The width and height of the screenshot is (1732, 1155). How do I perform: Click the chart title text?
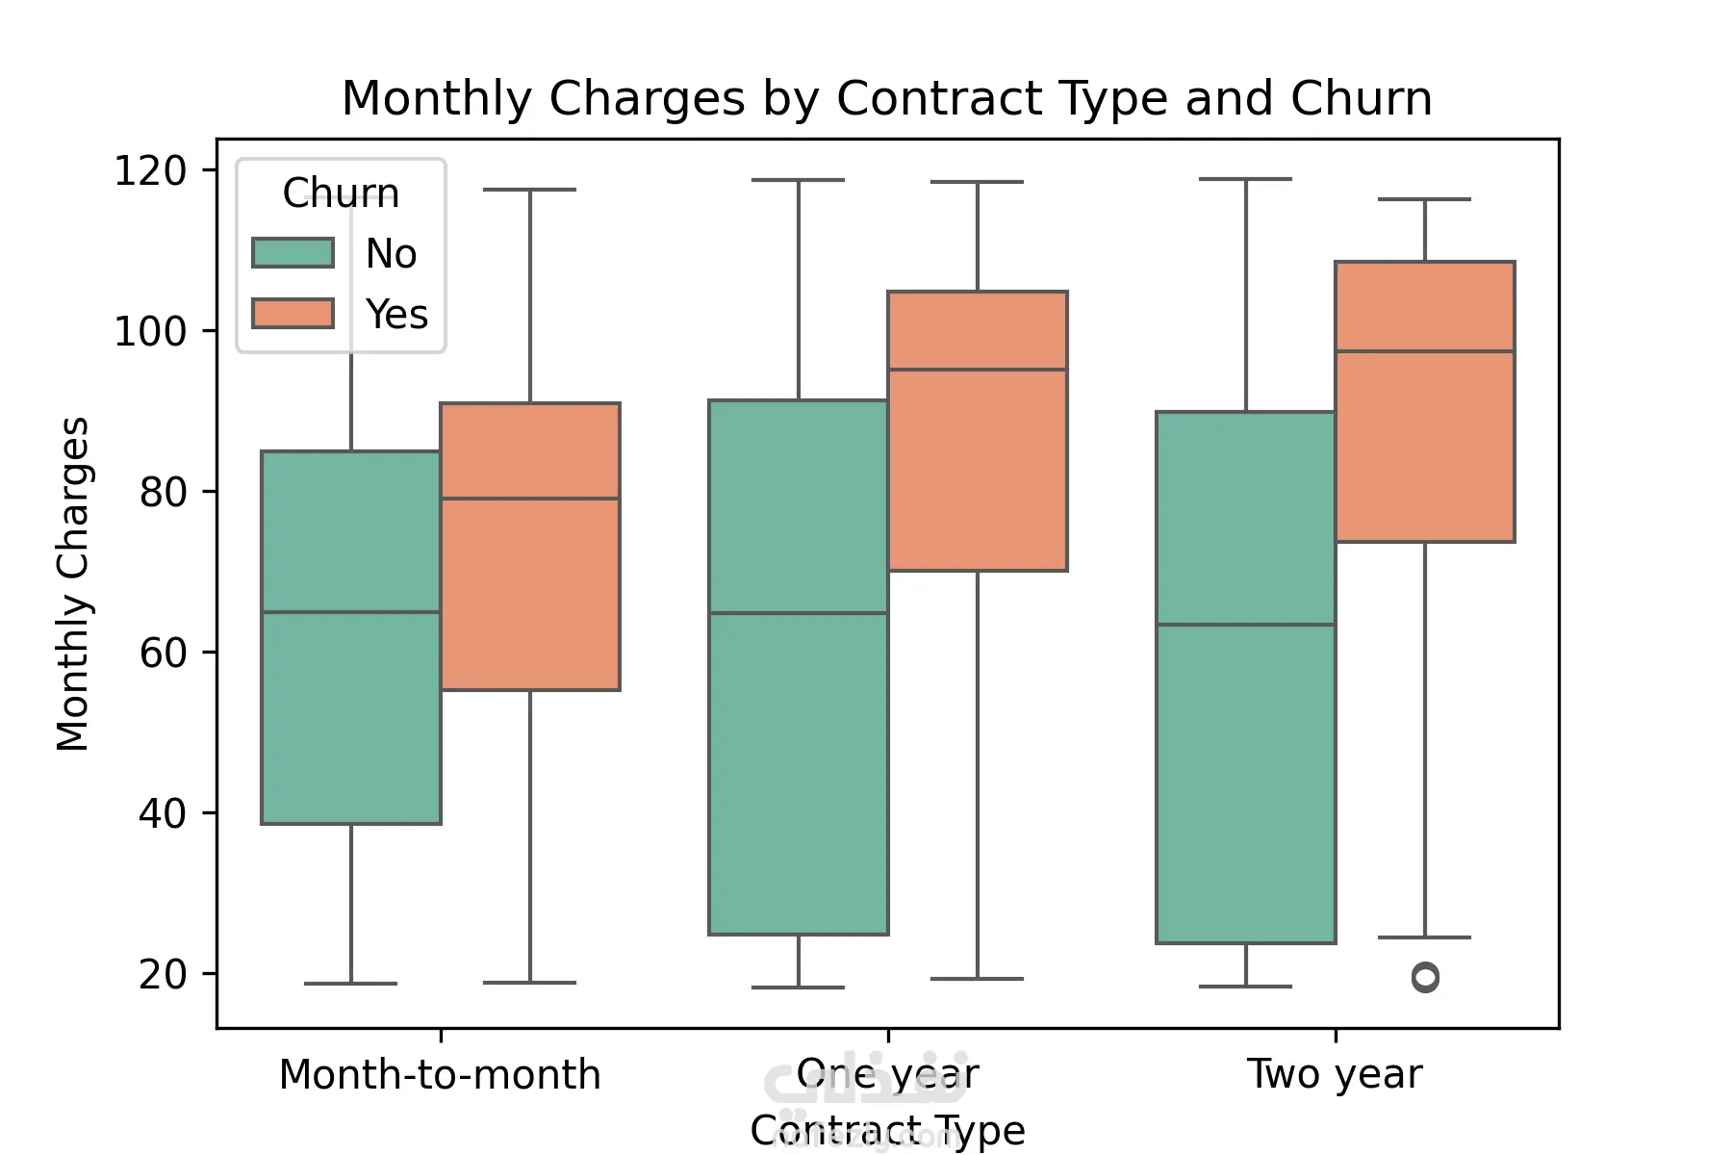point(886,98)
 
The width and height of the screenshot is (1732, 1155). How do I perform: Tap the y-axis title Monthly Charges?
point(73,583)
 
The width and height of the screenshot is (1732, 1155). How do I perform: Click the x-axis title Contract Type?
point(887,1129)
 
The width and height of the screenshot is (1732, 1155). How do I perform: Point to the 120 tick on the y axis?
point(150,171)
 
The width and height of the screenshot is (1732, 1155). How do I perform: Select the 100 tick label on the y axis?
point(150,332)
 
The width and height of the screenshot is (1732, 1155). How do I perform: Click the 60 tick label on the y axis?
point(163,654)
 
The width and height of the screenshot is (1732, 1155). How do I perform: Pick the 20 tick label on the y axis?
point(163,975)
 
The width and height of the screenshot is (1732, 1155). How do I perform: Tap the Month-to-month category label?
point(440,1074)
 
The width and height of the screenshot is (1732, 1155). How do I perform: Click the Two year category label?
point(1335,1074)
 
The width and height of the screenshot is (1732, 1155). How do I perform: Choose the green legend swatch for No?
point(293,253)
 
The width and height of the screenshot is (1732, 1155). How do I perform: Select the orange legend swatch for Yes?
point(293,314)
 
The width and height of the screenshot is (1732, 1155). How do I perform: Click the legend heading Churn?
point(341,193)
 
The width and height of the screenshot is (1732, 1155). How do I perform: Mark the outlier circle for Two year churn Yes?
point(1425,978)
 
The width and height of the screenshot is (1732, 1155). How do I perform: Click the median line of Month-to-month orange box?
point(530,499)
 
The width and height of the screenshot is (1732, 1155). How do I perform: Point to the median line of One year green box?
point(799,613)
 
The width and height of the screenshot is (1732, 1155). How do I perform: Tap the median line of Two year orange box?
point(1425,351)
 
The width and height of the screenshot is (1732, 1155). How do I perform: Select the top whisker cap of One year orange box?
point(978,182)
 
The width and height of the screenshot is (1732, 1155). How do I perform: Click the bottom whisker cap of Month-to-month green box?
point(350,984)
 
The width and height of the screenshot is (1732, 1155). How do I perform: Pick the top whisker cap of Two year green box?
point(1246,179)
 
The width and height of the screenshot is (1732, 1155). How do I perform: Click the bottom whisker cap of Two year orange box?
point(1425,937)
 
